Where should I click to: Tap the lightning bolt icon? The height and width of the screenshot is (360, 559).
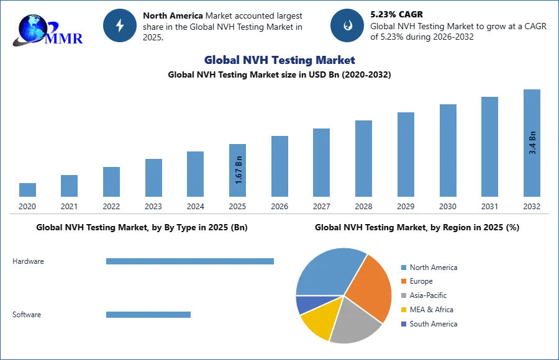pyautogui.click(x=120, y=25)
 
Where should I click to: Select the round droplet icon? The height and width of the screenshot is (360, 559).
pyautogui.click(x=347, y=25)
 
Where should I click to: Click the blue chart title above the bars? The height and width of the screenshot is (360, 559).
pyautogui.click(x=280, y=60)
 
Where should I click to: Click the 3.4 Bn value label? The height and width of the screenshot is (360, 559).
pyautogui.click(x=532, y=143)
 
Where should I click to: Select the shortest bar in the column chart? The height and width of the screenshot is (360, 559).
pyautogui.click(x=27, y=189)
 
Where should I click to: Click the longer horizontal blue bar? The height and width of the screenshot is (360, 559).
pyautogui.click(x=191, y=263)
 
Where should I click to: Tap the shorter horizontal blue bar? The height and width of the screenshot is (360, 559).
pyautogui.click(x=148, y=313)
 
